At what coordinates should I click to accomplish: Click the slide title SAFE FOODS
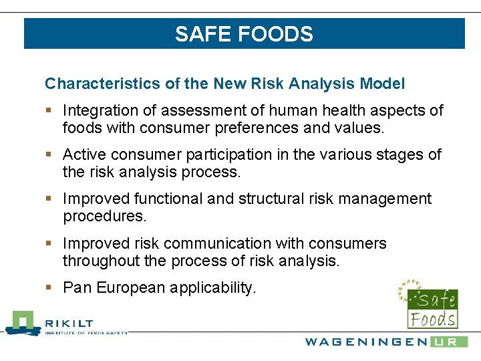tap(244, 34)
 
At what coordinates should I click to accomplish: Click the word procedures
tap(104, 217)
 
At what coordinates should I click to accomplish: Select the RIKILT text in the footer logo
tap(69, 324)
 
